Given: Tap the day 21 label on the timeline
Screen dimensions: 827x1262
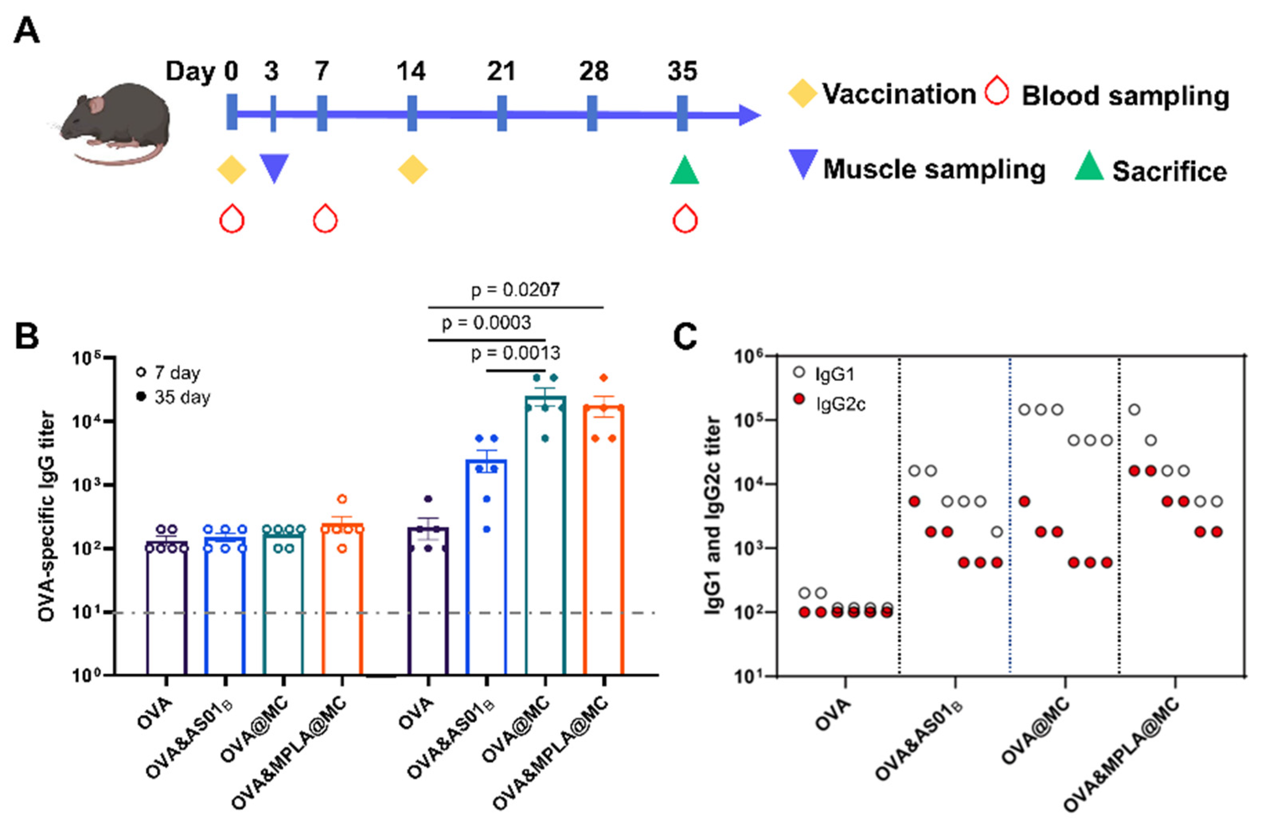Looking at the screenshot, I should click(x=501, y=72).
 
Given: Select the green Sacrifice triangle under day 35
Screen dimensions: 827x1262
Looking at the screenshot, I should click(x=684, y=171).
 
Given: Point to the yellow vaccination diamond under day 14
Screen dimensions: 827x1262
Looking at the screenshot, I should click(x=413, y=170).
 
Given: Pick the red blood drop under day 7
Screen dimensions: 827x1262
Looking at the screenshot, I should click(x=325, y=219).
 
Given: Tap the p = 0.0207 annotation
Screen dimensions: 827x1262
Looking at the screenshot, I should click(x=515, y=290).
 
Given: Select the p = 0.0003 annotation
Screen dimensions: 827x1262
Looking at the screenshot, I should click(x=486, y=323).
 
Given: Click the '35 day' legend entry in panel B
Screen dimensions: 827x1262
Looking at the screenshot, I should click(x=181, y=397).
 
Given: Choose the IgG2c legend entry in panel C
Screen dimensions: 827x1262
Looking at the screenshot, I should click(x=841, y=404).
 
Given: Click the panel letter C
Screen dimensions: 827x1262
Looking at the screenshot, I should click(x=685, y=337).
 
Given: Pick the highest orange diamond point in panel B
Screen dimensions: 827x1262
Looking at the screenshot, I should click(x=603, y=377).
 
